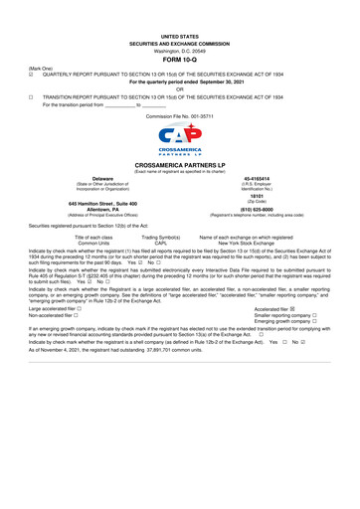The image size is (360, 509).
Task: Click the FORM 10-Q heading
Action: click(x=180, y=60)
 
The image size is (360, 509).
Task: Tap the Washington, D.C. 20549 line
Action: click(x=180, y=50)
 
